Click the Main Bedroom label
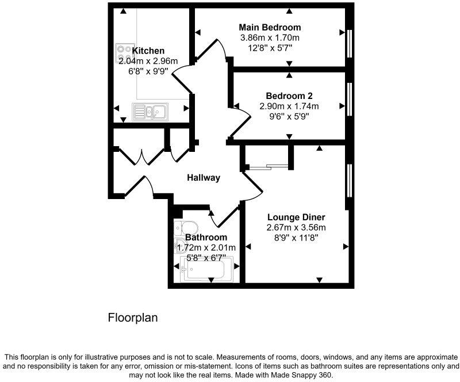click(x=270, y=28)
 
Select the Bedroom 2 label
click(x=289, y=96)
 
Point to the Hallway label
click(x=204, y=178)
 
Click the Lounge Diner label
click(x=296, y=217)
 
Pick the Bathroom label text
click(x=206, y=237)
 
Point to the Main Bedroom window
click(x=349, y=43)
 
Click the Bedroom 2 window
click(x=349, y=99)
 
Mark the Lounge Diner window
click(x=348, y=180)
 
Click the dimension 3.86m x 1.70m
click(x=270, y=38)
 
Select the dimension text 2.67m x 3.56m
click(x=296, y=227)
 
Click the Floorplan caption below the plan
click(x=133, y=318)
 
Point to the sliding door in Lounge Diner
click(x=269, y=167)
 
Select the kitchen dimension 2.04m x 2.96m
click(x=148, y=61)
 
